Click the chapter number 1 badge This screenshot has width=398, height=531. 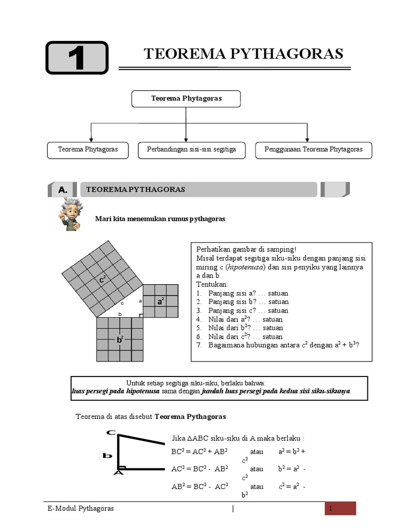(77, 58)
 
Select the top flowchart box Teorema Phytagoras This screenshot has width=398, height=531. (186, 99)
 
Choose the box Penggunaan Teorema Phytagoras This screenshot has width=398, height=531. (314, 149)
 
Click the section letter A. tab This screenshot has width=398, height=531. (63, 190)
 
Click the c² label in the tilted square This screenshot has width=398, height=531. (103, 280)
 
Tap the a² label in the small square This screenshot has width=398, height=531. (161, 300)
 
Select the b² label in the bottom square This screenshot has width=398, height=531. (120, 340)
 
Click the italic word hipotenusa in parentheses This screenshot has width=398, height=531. (249, 267)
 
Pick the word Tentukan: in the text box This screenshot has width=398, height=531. (212, 284)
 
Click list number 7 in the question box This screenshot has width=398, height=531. (198, 345)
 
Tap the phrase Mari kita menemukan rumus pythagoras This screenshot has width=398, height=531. (160, 219)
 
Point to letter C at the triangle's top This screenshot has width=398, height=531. (110, 432)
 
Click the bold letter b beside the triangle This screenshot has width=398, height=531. (107, 456)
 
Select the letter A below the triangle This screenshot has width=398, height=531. (119, 473)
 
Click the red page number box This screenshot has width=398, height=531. (340, 508)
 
